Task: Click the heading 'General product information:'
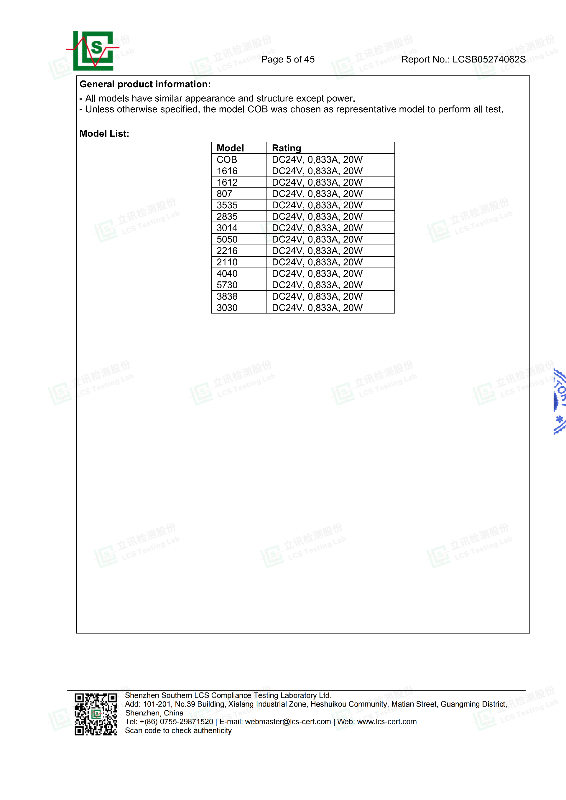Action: coord(145,84)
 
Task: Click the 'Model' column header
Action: coord(230,148)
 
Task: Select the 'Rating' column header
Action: coord(286,148)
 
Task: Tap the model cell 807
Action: coord(224,194)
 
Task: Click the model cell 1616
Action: coord(227,171)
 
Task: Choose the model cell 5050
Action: coord(227,239)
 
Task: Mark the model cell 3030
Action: coord(227,308)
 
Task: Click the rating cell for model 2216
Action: coord(317,251)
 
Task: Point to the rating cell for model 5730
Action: coord(317,285)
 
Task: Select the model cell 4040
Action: coord(227,273)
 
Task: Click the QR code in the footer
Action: coord(96,714)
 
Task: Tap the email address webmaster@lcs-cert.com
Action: coord(288,722)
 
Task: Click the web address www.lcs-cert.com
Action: coord(386,722)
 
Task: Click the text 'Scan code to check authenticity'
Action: coord(178,730)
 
